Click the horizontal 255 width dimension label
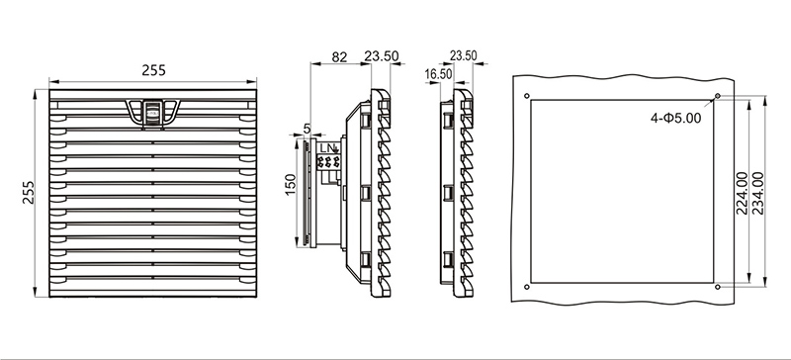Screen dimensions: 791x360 153,70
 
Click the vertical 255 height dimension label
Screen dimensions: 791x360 29,193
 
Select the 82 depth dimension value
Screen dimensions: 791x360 339,57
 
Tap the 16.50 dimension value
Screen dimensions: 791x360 438,74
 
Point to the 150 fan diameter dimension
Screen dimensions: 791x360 291,185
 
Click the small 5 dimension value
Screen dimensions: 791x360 308,130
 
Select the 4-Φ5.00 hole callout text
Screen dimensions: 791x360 676,118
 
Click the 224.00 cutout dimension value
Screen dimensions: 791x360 742,193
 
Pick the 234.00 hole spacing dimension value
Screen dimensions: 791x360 757,193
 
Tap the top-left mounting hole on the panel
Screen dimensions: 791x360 527,96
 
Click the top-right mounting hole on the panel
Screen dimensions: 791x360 718,96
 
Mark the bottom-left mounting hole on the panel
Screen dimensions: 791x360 527,287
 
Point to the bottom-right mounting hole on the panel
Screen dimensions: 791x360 718,287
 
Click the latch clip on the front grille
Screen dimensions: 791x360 153,112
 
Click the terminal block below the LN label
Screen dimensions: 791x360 328,161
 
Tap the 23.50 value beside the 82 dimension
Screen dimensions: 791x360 382,56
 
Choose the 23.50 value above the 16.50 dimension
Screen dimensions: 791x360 463,55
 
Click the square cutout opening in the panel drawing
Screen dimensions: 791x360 622,191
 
